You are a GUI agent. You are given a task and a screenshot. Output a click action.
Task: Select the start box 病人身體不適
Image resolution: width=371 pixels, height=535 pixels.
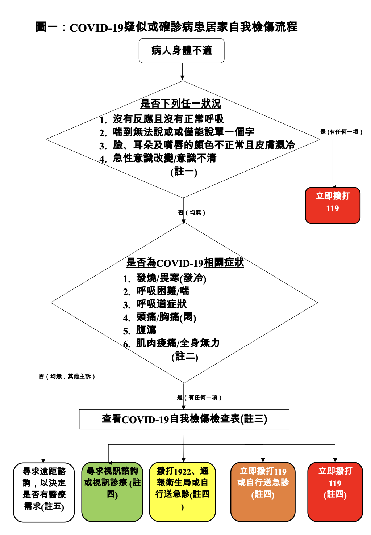click(x=182, y=51)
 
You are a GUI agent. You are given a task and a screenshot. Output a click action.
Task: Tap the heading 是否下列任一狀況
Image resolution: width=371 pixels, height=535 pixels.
click(x=181, y=104)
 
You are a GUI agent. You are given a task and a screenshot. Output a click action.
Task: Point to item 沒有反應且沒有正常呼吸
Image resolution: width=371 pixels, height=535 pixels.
click(x=168, y=119)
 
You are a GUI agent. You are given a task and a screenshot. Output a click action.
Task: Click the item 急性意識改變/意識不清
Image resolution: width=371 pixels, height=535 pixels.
click(x=164, y=158)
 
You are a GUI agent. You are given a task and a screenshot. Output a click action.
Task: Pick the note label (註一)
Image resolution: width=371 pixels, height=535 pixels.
click(x=184, y=172)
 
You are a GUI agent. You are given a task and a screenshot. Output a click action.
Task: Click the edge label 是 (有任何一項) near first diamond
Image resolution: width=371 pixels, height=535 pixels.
click(x=341, y=132)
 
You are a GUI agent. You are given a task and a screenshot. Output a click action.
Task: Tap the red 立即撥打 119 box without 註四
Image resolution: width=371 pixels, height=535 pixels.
click(x=333, y=205)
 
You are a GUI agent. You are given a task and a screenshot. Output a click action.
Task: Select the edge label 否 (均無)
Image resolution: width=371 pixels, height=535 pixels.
click(x=192, y=212)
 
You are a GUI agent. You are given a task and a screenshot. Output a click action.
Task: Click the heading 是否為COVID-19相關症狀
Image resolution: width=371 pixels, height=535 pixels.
click(x=185, y=262)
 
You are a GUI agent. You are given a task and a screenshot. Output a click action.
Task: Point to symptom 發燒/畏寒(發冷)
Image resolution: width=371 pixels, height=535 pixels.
click(x=171, y=278)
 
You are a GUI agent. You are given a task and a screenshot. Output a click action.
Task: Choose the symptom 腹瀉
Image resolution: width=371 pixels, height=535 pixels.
click(x=146, y=330)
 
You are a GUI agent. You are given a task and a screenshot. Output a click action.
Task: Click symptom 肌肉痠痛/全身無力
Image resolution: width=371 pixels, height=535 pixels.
click(x=178, y=343)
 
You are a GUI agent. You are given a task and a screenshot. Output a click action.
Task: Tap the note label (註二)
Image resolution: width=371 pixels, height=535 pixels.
click(x=185, y=357)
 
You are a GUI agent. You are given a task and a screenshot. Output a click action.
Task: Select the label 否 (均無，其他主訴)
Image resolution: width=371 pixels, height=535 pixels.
click(x=67, y=376)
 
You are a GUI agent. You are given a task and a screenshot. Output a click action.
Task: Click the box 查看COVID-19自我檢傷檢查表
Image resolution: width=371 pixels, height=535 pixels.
click(x=184, y=419)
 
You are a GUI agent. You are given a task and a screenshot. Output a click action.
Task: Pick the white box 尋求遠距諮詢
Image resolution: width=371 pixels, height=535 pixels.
click(x=44, y=492)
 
